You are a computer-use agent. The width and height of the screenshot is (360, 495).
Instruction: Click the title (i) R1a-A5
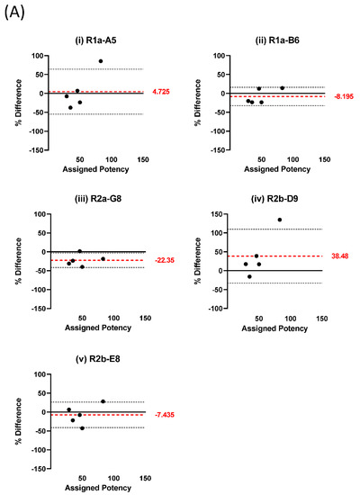pyautogui.click(x=90, y=43)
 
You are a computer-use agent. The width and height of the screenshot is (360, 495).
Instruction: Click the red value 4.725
pyautogui.click(x=162, y=92)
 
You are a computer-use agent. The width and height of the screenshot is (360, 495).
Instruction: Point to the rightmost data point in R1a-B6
pyautogui.click(x=282, y=88)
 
